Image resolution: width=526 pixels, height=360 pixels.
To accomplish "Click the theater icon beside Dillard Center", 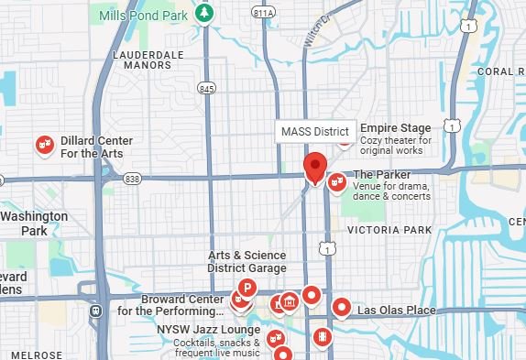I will click(43, 146).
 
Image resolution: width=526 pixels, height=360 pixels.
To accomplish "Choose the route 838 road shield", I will click(133, 180).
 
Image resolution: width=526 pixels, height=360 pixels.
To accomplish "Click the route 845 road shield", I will click(206, 88).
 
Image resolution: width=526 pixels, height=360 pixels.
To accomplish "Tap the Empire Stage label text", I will click(395, 128).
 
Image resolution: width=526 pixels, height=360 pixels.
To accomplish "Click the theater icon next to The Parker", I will click(336, 182).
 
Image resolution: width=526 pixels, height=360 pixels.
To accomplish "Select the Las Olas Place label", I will click(395, 311).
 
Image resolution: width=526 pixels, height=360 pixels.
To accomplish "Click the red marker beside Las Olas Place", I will click(342, 307).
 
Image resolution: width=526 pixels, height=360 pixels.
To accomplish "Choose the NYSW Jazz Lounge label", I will click(208, 328).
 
